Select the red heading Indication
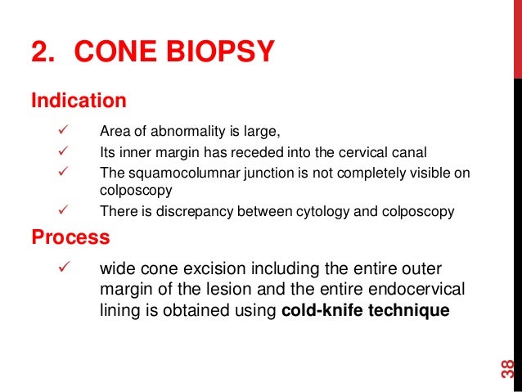pyautogui.click(x=79, y=101)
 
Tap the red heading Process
pyautogui.click(x=70, y=237)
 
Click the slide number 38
pyautogui.click(x=507, y=367)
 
